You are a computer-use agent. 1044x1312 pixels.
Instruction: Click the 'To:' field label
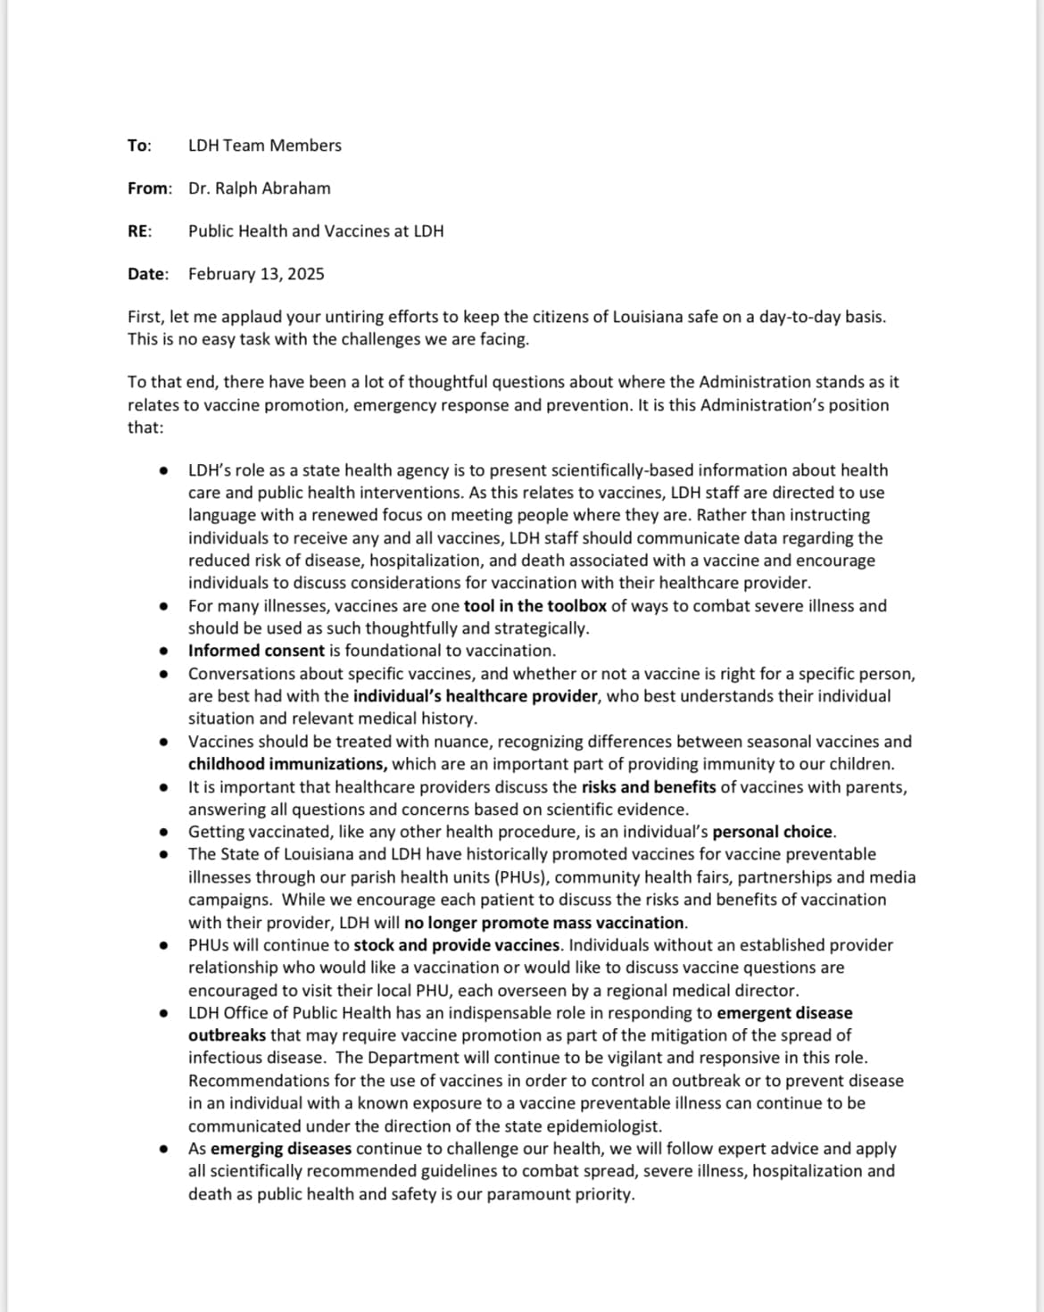pos(139,145)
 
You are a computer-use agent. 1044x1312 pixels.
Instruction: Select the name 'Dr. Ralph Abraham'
pos(259,188)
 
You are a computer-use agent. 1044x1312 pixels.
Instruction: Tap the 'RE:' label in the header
pos(139,231)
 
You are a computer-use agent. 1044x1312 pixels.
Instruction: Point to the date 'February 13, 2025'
pos(256,274)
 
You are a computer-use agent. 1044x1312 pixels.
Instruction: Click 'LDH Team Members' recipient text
pos(264,145)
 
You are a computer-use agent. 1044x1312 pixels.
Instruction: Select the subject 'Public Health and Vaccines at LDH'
pos(316,231)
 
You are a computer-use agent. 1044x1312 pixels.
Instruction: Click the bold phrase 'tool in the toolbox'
pos(534,606)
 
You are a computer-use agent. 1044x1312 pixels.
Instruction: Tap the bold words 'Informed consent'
pos(256,651)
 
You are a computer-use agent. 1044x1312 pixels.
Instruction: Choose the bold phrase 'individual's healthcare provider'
pos(475,696)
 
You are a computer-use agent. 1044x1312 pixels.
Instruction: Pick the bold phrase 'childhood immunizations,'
pos(287,764)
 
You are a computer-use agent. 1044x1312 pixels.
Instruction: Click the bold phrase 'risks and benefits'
pos(649,787)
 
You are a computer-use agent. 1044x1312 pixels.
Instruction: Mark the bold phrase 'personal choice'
pos(773,832)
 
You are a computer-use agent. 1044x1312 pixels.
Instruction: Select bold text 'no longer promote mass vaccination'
pos(544,923)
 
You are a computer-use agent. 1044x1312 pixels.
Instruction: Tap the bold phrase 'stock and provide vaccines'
pos(457,945)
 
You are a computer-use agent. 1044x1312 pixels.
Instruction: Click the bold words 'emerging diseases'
pos(281,1149)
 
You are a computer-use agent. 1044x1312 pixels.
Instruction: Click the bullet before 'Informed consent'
pos(163,652)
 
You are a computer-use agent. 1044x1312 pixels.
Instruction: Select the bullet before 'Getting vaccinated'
pos(163,833)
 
